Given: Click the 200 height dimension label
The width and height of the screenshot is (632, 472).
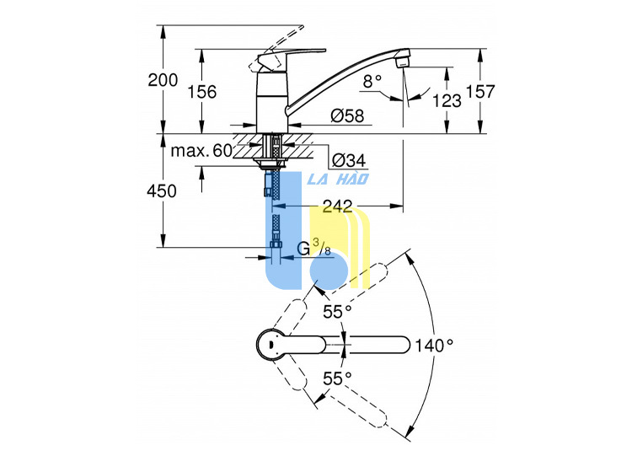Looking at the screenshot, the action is (x=163, y=80).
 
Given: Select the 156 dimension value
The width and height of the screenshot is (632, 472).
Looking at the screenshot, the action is (x=202, y=92).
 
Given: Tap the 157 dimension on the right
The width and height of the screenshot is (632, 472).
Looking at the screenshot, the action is (x=480, y=92).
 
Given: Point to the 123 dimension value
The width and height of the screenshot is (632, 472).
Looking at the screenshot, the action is (x=447, y=100).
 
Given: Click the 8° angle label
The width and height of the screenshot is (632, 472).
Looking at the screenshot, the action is (x=372, y=82).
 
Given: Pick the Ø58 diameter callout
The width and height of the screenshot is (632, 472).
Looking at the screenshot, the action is (x=347, y=116).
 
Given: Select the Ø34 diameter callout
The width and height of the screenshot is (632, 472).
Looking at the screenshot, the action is (x=349, y=161).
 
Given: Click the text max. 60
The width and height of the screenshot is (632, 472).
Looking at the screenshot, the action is (x=201, y=151).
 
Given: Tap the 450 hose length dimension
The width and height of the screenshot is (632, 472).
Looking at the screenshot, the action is (x=162, y=190).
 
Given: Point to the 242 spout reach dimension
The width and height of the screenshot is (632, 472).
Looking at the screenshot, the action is (x=337, y=206).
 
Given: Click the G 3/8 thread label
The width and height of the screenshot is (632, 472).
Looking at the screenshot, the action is (x=314, y=248).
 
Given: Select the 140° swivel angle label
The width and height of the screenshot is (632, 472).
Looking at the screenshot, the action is (x=434, y=346).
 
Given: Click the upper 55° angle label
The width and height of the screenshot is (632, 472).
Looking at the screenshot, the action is (x=337, y=312).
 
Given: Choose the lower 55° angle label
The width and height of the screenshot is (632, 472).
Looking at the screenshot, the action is (x=337, y=378).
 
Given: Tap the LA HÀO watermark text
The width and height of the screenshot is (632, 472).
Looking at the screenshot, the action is (x=338, y=179).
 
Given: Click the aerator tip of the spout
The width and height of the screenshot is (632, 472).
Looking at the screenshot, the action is (x=403, y=62).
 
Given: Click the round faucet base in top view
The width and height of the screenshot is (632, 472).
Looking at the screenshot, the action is (x=270, y=345).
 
